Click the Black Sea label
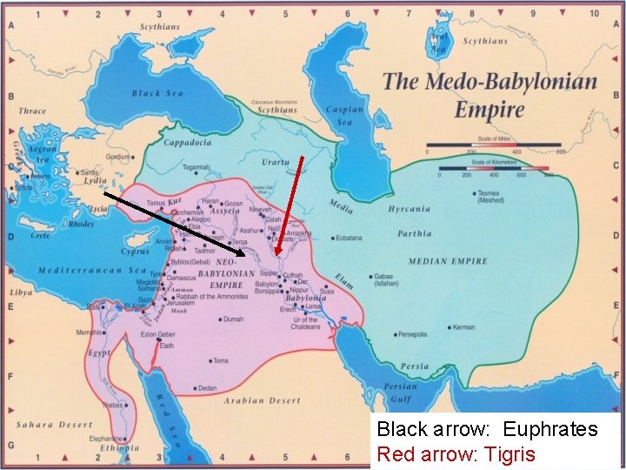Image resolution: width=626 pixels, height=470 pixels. pos(157,93)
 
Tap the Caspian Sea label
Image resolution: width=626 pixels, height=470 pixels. pos(340,116)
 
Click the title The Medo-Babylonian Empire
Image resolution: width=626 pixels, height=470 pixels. pos(489,95)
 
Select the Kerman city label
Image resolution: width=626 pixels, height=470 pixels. pos(463,327)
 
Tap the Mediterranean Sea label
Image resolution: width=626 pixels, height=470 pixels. pos(91,271)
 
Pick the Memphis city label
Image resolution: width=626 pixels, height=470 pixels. pos(90,332)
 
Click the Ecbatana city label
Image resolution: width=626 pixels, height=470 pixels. pos(348,238)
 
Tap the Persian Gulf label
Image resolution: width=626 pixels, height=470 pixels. pos(401,393)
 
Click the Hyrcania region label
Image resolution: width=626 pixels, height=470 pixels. pos(410,209)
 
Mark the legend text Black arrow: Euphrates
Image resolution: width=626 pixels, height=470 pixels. pos(487,429)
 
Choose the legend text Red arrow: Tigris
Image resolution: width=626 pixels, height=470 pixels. pos(456,453)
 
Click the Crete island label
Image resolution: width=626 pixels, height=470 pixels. pos(40,236)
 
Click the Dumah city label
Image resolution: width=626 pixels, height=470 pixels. pos(233,319)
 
